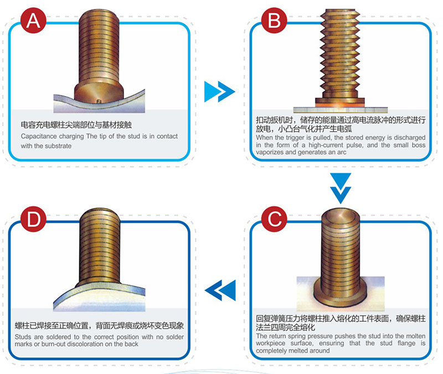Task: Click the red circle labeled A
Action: coord(33,21)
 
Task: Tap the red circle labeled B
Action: coord(274,21)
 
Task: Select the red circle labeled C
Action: coord(274,219)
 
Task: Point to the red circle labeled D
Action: coord(33,219)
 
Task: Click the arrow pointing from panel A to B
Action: coord(219,92)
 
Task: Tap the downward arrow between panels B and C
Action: coord(341,188)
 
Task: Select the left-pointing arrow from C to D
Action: coord(220,290)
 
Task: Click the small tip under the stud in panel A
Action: coord(99,101)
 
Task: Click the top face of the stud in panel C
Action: coord(341,216)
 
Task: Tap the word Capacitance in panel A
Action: coord(38,136)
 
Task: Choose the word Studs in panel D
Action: coord(23,337)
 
